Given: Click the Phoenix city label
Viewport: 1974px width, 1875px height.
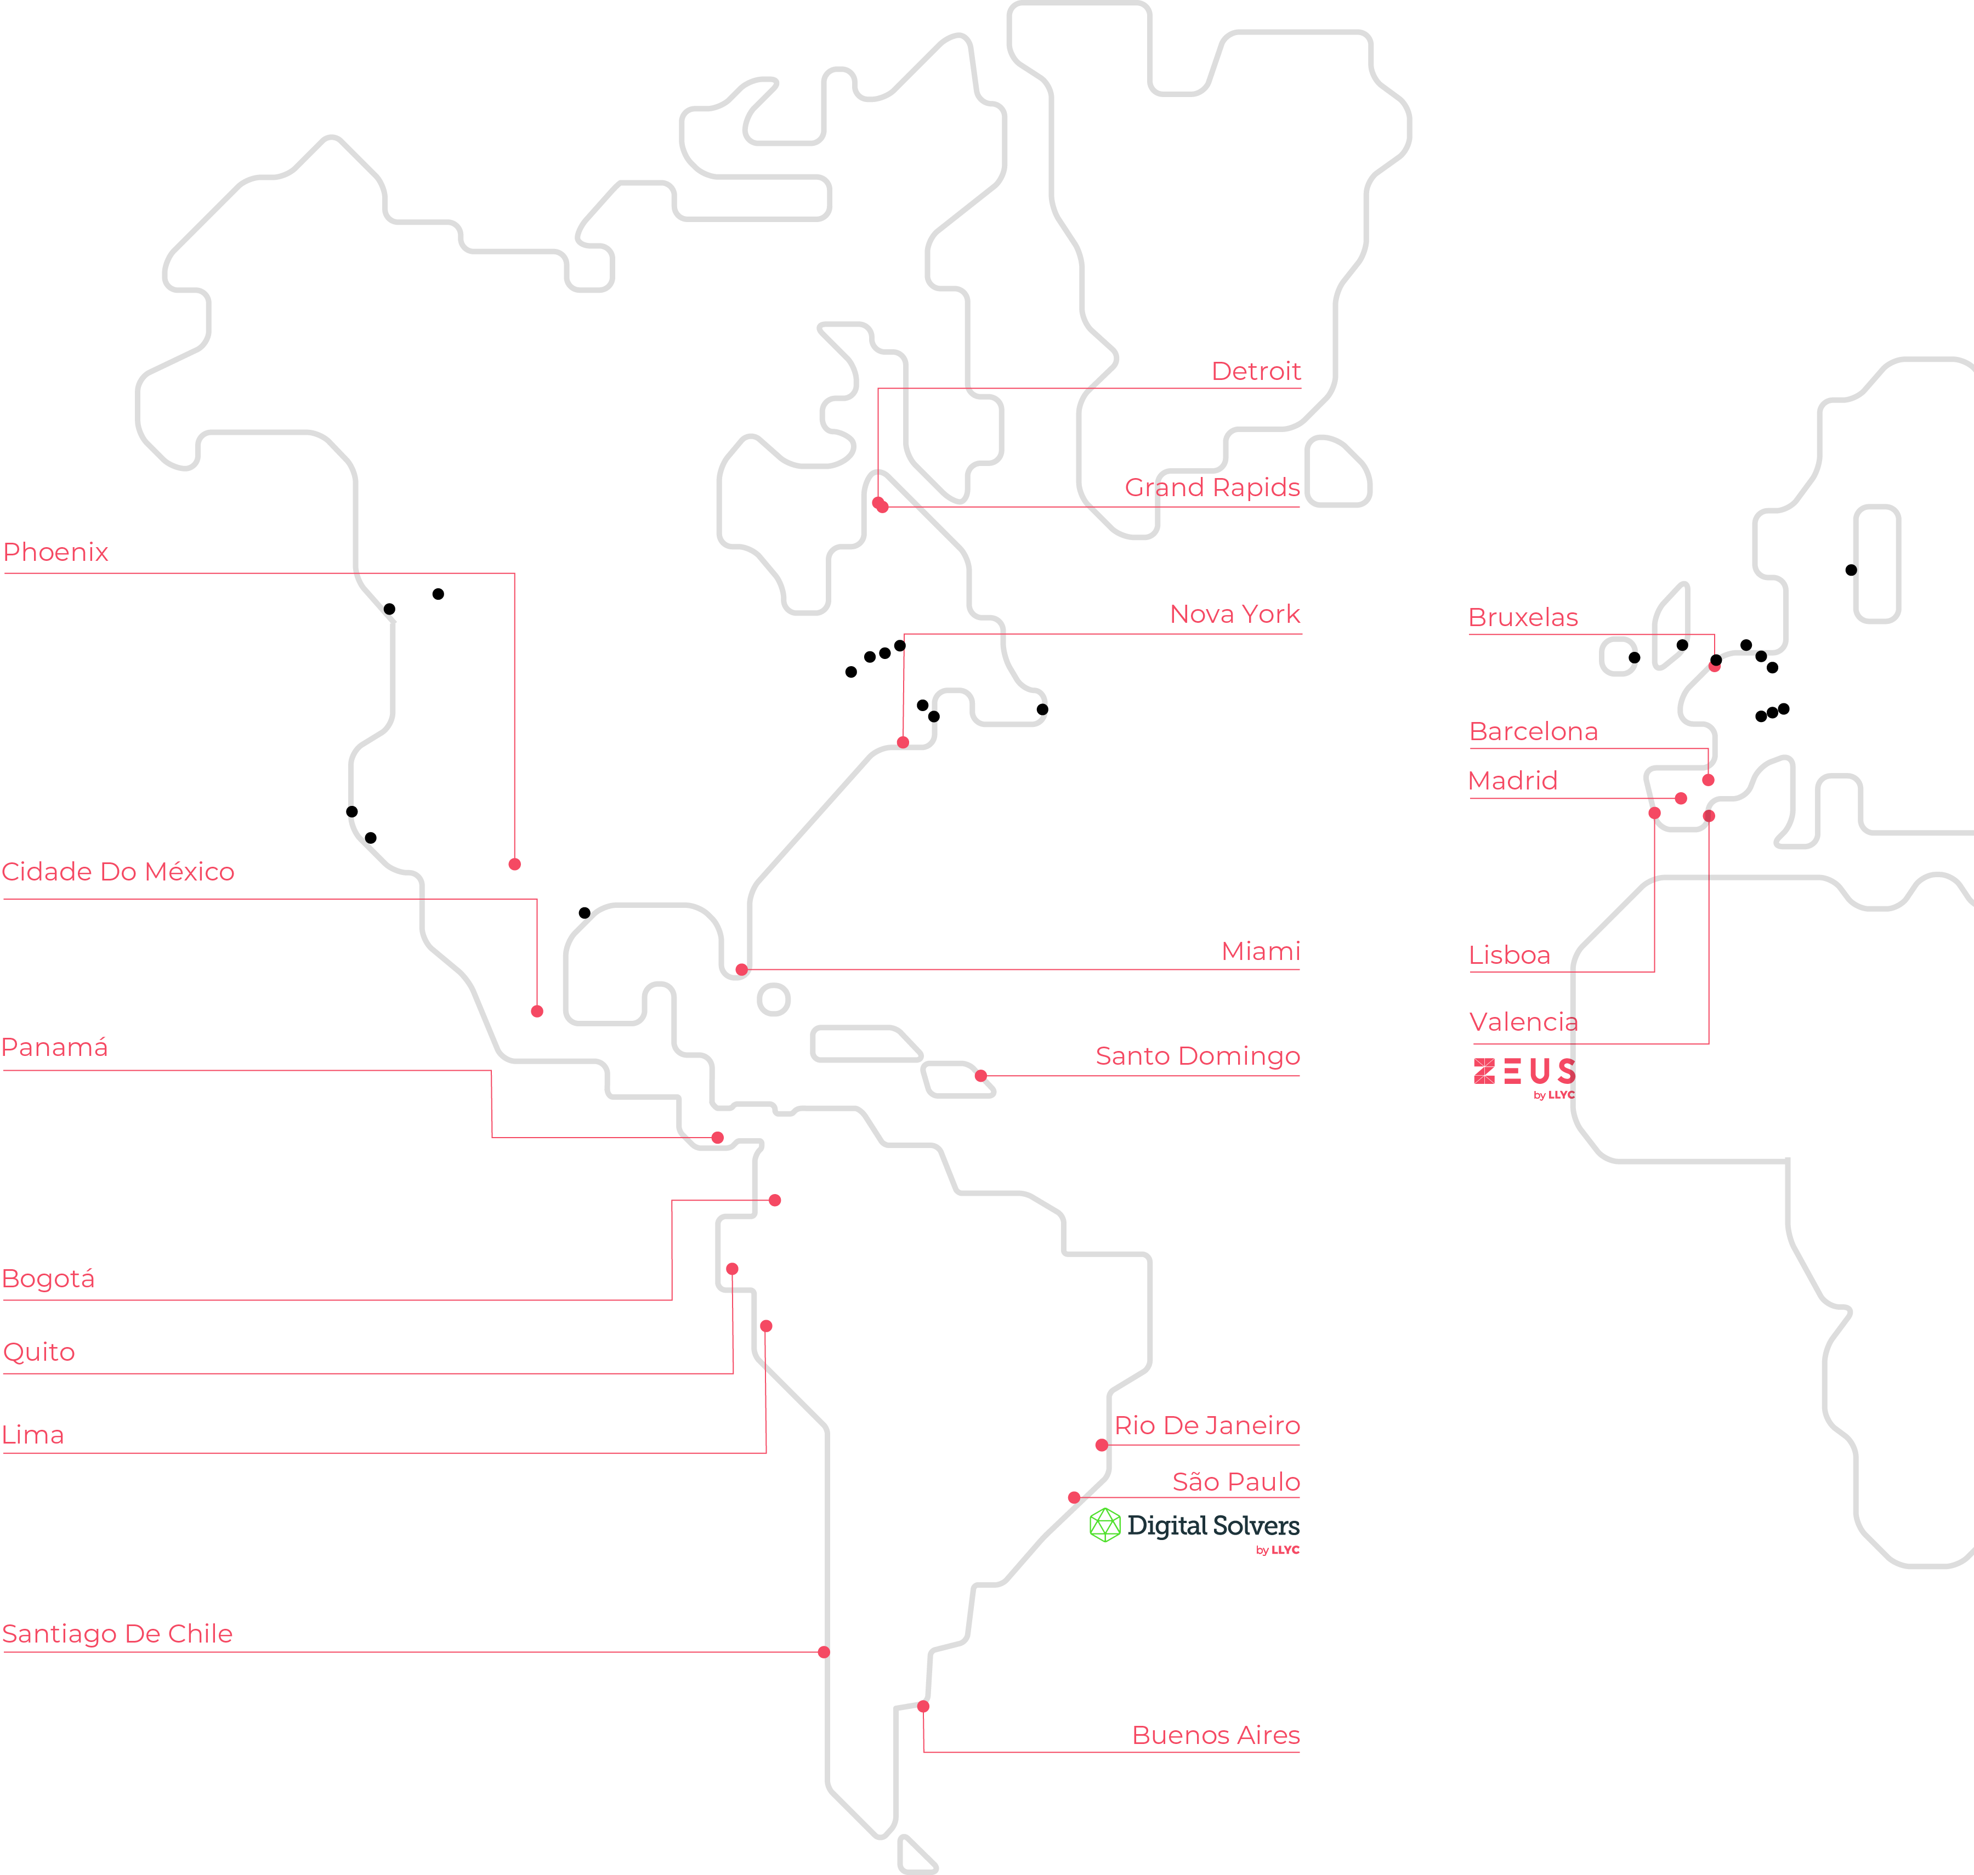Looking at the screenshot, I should click(x=56, y=553).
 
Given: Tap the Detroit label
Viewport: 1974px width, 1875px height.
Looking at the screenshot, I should click(x=1255, y=372).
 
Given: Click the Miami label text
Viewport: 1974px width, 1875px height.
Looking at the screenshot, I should click(x=1261, y=952).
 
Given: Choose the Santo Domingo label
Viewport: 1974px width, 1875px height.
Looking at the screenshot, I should click(x=1198, y=1056).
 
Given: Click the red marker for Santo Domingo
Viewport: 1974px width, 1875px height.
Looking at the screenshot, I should click(x=980, y=1076).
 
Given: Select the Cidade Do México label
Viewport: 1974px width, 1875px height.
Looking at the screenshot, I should click(x=118, y=873).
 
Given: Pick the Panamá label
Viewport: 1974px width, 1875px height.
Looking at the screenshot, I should click(x=55, y=1048).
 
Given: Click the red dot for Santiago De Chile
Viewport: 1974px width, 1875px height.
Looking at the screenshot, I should click(x=824, y=1652).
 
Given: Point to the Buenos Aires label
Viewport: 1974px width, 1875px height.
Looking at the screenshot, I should click(x=1216, y=1736).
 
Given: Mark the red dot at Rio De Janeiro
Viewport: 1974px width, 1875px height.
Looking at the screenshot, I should click(x=1102, y=1445).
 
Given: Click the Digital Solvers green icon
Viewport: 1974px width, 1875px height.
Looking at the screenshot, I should click(x=1104, y=1526).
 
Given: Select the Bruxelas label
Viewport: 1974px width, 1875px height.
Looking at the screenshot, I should click(x=1522, y=618).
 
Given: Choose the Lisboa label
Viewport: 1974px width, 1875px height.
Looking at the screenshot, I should click(x=1509, y=956).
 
